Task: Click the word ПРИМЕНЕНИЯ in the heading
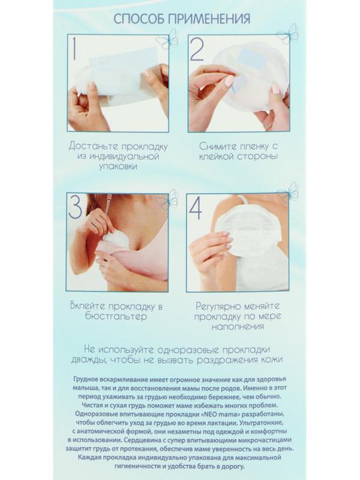(209, 19)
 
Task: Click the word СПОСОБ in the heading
(139, 19)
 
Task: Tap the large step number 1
(74, 49)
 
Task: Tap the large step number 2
(197, 49)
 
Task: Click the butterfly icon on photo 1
(167, 38)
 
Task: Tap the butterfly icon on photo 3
(167, 199)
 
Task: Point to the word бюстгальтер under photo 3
(116, 317)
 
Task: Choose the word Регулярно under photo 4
(218, 307)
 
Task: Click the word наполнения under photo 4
(238, 326)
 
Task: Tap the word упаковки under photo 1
(118, 167)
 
